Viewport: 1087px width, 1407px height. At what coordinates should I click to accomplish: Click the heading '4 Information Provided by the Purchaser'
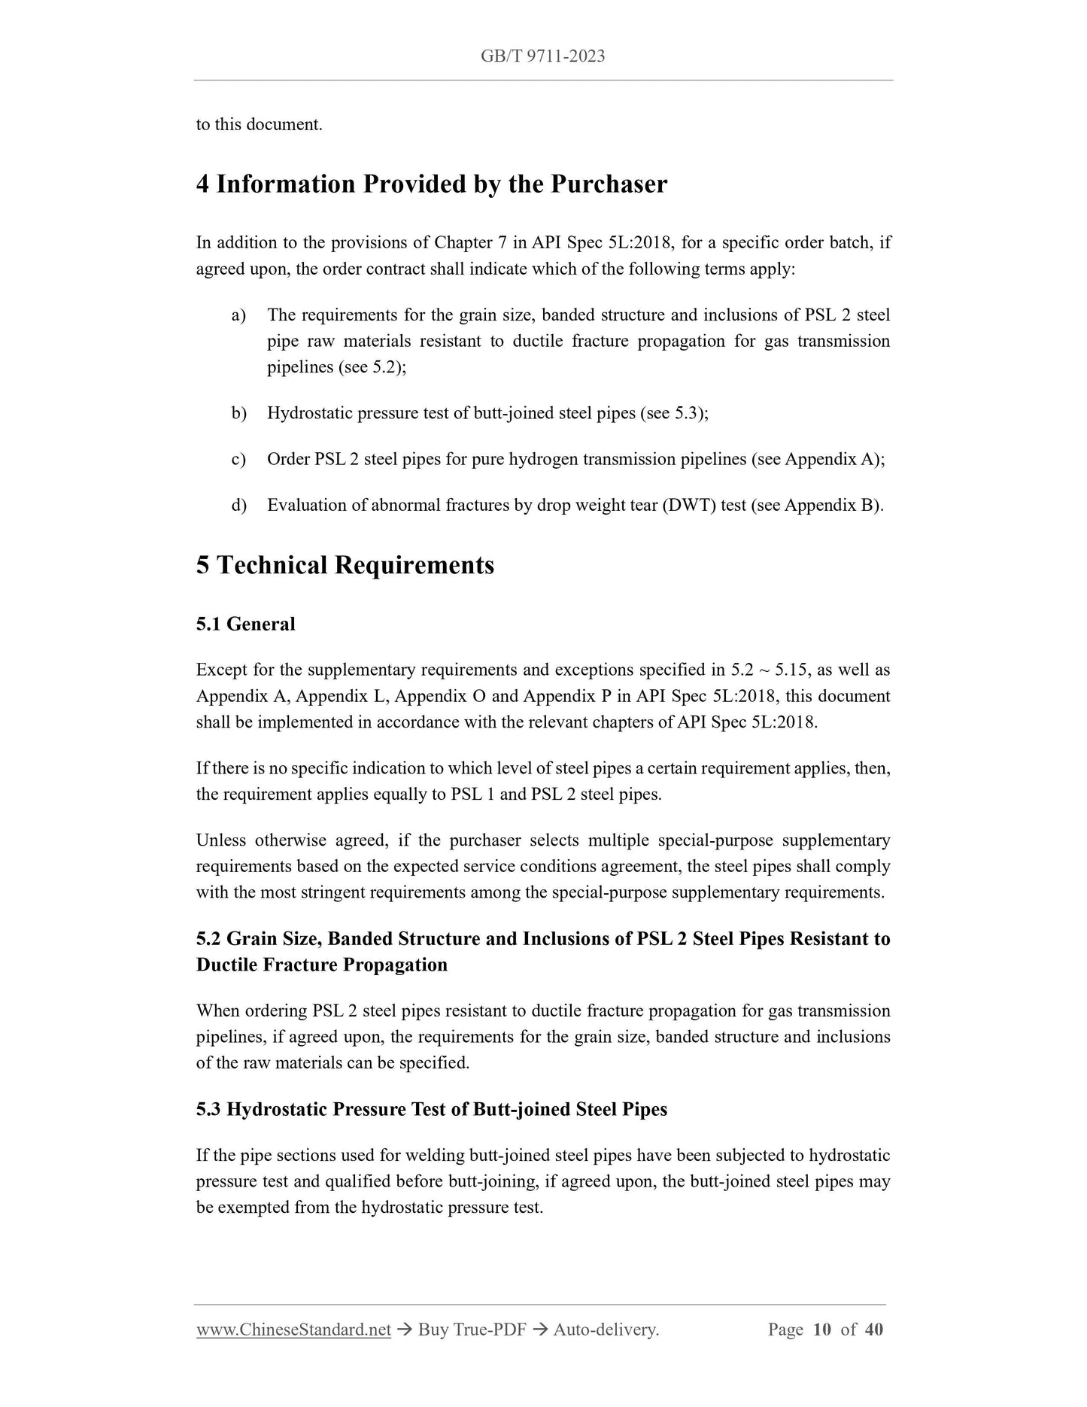(x=431, y=184)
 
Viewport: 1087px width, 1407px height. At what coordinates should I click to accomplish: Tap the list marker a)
(x=238, y=315)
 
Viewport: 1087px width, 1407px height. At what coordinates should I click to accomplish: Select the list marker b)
(x=238, y=413)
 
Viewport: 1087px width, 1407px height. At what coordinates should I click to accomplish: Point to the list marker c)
(x=238, y=459)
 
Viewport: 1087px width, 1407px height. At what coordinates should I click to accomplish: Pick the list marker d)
(x=238, y=505)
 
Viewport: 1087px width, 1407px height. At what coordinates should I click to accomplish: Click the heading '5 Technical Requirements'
(x=345, y=565)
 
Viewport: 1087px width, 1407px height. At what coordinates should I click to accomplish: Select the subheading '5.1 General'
(x=245, y=624)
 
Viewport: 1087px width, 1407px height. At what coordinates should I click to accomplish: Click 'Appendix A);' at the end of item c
(x=834, y=459)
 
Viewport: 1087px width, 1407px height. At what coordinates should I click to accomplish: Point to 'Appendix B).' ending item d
(x=833, y=505)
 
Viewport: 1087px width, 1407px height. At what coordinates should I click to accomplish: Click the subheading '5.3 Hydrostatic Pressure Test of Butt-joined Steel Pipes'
(x=431, y=1109)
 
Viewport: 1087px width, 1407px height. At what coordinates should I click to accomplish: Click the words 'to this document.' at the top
(x=259, y=125)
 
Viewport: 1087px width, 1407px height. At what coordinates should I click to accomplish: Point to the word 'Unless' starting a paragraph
(x=220, y=840)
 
